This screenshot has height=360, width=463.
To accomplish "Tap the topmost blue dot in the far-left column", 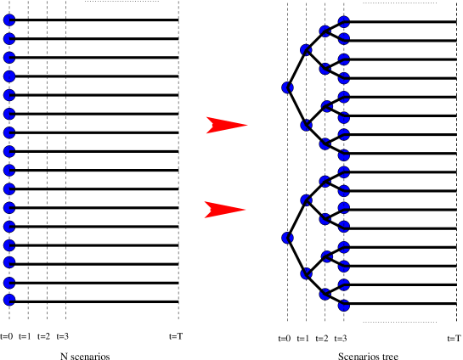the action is [9, 20].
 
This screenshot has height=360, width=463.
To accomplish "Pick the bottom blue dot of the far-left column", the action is [9, 300].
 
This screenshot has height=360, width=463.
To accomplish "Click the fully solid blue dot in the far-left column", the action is [9, 76].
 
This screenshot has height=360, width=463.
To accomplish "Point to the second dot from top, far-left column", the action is [9, 39].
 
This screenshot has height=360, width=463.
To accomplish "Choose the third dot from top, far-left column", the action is [9, 58].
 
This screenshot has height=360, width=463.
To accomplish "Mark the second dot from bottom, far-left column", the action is [9, 283].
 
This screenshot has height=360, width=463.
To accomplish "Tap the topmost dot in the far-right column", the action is [344, 22].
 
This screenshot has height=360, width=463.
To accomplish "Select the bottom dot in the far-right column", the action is [344, 305].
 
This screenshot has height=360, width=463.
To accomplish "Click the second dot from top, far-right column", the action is [344, 38].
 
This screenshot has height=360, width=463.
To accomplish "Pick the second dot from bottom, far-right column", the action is [344, 285].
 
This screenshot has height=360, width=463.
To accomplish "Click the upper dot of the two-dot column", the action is [288, 87].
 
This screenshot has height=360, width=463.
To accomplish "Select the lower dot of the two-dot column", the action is [288, 238].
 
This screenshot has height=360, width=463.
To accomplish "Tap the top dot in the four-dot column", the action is [306, 50].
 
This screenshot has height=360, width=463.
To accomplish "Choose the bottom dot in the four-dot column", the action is [306, 273].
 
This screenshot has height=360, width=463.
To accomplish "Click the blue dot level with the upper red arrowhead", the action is [306, 126].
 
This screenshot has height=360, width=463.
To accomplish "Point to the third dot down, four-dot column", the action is [306, 200].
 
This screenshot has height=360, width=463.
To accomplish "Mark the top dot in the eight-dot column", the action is [325, 31].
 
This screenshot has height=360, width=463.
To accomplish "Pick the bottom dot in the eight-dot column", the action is [325, 295].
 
